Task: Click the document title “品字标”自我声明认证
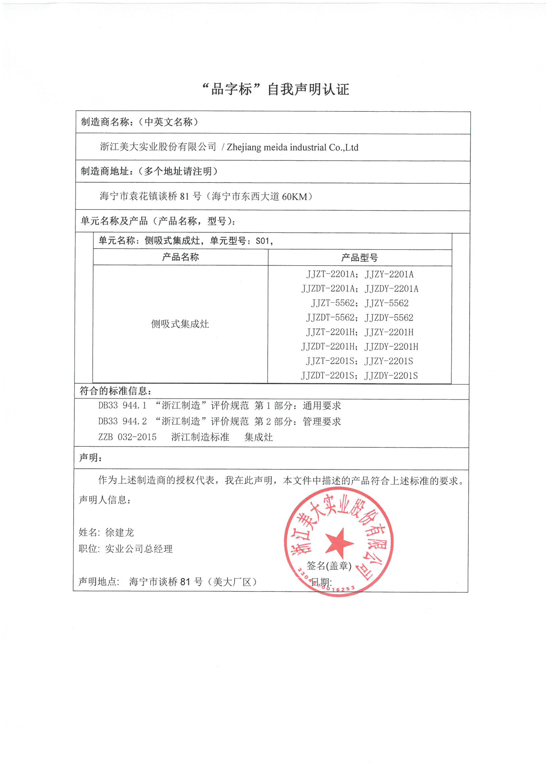(x=275, y=89)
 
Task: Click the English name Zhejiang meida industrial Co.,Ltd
(x=292, y=147)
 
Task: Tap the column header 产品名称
(x=181, y=257)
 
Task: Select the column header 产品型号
(x=360, y=258)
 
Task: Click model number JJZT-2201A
(x=330, y=274)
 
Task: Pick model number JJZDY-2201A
(x=391, y=289)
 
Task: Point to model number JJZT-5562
(x=333, y=303)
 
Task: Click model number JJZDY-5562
(x=389, y=318)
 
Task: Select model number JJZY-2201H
(x=389, y=332)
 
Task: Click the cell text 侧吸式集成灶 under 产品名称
(x=180, y=324)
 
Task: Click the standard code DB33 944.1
(x=122, y=405)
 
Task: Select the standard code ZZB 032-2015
(x=127, y=437)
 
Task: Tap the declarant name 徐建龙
(x=120, y=532)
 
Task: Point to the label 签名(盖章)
(x=329, y=565)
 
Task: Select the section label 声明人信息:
(x=105, y=500)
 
